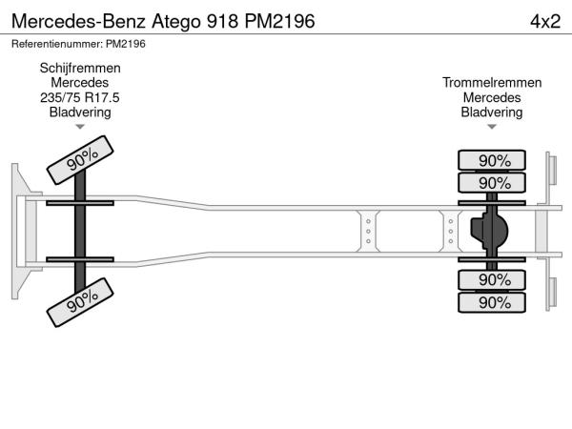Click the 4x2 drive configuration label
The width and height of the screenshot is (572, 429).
tap(545, 21)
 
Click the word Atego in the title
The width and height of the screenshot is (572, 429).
tap(176, 22)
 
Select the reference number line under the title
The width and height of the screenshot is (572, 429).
tap(78, 44)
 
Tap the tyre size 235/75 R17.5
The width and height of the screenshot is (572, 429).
tap(80, 97)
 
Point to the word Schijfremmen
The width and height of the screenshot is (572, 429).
tap(80, 68)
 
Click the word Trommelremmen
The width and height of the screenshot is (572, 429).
tap(492, 82)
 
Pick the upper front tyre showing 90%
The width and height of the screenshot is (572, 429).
tap(80, 160)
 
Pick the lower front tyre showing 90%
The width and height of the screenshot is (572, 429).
tap(80, 302)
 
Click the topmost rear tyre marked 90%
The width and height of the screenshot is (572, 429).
tap(492, 160)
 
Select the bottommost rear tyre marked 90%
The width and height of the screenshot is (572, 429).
tap(492, 302)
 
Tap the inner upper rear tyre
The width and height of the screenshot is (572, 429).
tap(492, 182)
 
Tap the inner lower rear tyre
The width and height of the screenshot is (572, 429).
tap(492, 279)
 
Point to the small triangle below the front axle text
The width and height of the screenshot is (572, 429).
tap(80, 127)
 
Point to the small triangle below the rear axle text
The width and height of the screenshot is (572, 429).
tap(492, 127)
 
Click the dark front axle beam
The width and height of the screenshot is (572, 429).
tap(80, 232)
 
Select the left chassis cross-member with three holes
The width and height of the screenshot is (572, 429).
tap(368, 232)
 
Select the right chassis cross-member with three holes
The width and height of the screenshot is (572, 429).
tap(451, 232)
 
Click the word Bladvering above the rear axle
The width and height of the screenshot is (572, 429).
tap(492, 112)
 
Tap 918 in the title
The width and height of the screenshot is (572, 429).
tap(222, 22)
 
